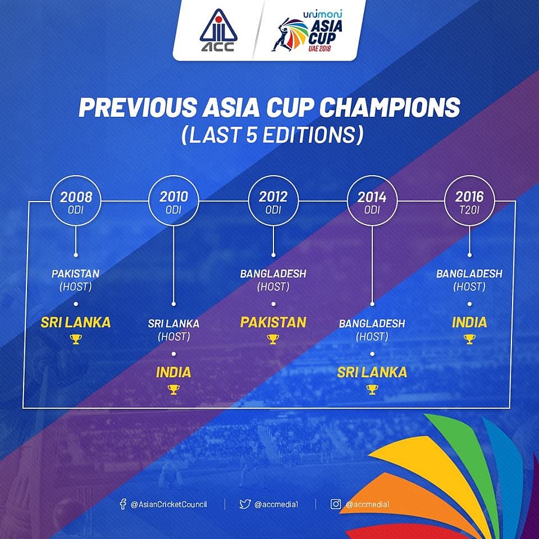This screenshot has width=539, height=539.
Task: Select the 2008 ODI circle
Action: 76,200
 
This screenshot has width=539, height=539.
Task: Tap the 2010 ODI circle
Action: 173,200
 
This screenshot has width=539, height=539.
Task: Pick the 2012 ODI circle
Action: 273,200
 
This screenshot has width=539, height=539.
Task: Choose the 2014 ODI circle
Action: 372,200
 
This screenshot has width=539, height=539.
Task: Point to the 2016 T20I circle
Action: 469,200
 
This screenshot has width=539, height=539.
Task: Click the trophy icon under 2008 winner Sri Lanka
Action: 76,339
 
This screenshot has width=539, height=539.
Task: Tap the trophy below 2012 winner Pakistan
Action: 273,339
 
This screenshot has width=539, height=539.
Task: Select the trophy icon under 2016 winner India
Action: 469,339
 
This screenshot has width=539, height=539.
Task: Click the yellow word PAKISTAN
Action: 273,322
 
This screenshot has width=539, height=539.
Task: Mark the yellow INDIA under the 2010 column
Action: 173,372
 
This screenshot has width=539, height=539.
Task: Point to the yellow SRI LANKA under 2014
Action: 372,372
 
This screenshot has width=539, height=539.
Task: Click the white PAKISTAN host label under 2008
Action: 76,274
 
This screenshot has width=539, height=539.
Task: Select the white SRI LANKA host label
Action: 173,323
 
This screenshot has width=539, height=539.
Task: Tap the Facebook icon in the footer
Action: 123,504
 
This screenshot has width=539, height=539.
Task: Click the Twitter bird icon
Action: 245,504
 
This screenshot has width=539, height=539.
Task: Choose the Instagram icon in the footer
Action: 336,504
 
